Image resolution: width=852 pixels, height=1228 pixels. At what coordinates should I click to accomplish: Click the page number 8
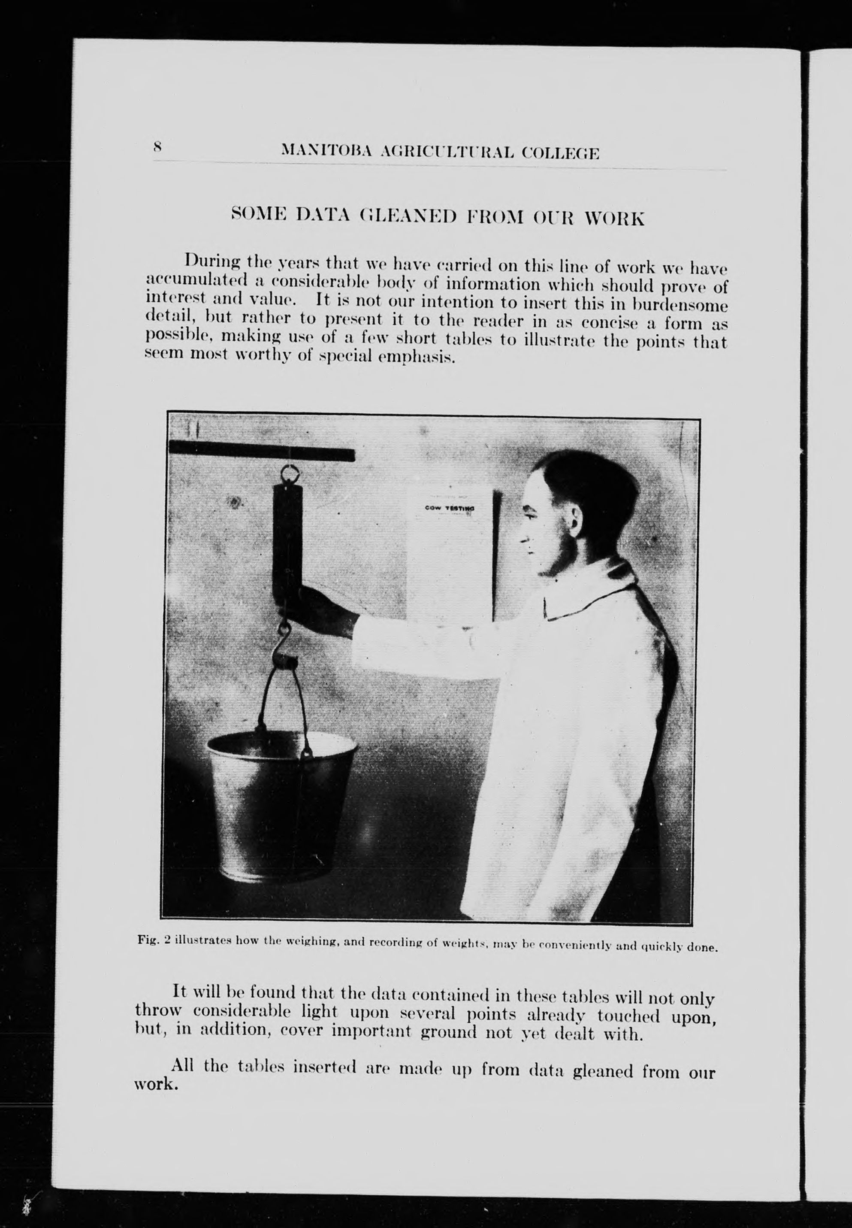tap(157, 147)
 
